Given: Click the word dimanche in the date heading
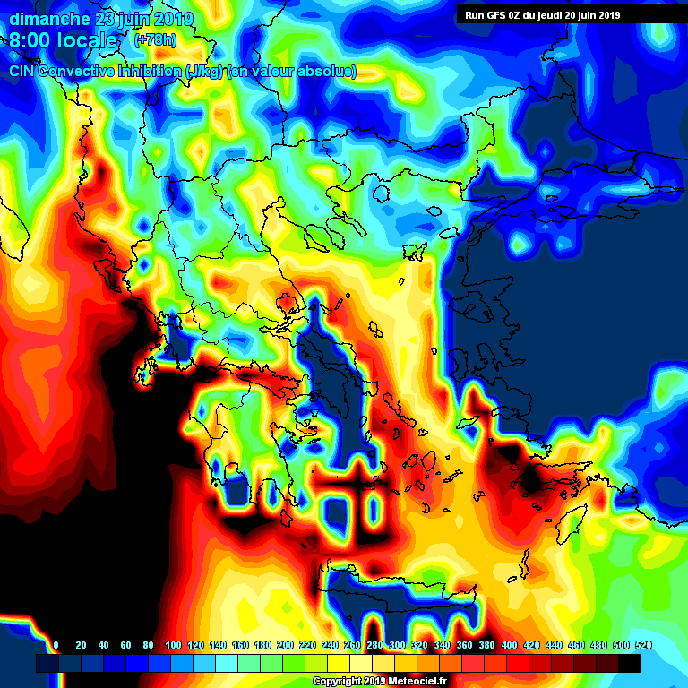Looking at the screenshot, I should point(49,18).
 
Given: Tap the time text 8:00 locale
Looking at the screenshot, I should point(63,41).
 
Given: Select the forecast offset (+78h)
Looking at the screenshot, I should point(155,40).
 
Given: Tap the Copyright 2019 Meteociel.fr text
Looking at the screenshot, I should point(392,681).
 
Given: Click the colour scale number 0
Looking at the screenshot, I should point(56,645).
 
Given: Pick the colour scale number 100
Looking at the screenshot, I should point(173,645).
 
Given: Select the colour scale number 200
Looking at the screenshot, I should point(285,645).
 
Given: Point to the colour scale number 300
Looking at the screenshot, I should point(397,645).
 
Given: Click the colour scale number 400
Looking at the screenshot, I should point(509,645).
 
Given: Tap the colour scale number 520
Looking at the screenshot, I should point(643,645).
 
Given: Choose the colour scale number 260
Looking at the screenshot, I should point(352,645).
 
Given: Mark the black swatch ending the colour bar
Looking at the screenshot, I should point(630,663).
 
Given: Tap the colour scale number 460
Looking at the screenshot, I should point(576,645).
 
